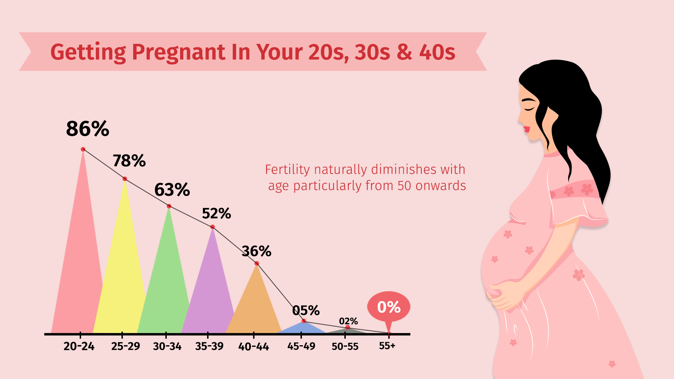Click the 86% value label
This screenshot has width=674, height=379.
click(x=87, y=129)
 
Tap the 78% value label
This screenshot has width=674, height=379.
click(x=129, y=161)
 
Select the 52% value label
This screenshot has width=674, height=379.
click(x=216, y=214)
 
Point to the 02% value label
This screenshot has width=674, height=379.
click(x=348, y=321)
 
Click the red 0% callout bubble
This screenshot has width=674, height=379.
click(x=389, y=307)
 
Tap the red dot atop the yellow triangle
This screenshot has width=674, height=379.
click(x=125, y=179)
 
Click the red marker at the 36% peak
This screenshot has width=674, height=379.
click(x=257, y=263)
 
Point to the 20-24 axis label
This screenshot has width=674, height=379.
click(x=79, y=346)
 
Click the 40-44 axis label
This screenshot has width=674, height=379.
click(x=253, y=347)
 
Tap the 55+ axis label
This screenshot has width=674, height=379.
click(x=387, y=346)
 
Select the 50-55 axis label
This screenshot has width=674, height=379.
click(x=345, y=347)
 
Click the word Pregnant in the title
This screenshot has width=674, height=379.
click(x=178, y=53)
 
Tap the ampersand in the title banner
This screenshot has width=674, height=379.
click(x=404, y=52)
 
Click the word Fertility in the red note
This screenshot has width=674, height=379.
click(x=287, y=170)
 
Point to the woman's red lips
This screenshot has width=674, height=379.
click(x=527, y=129)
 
